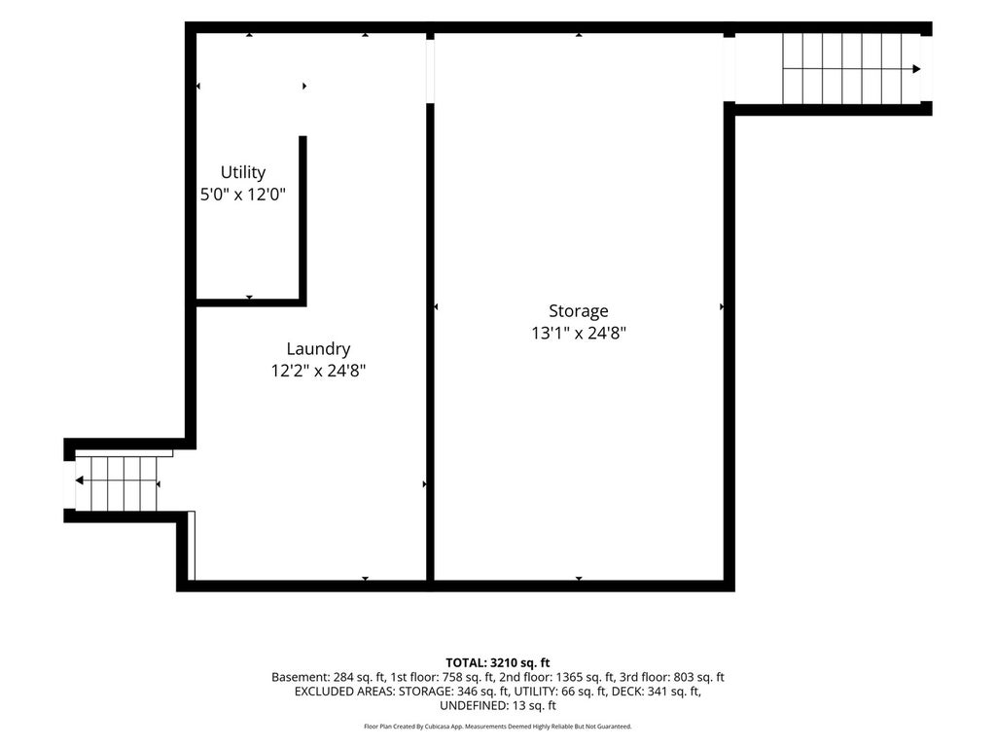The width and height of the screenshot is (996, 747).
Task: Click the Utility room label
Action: tap(242, 172)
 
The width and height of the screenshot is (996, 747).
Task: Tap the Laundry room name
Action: tap(318, 349)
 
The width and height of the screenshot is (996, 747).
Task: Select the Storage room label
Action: tap(578, 310)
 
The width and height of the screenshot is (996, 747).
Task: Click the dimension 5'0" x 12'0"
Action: tap(242, 194)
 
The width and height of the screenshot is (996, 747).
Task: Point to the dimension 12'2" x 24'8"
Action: tap(318, 371)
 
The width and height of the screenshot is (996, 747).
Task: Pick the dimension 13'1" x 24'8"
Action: tap(579, 333)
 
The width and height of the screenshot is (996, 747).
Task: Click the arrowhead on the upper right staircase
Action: tap(916, 69)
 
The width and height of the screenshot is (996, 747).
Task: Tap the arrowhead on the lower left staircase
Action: tap(80, 480)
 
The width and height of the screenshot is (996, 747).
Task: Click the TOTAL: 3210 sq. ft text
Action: tap(497, 663)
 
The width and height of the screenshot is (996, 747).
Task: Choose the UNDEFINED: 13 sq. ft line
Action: tap(497, 705)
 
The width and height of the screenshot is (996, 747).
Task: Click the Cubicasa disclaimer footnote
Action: tap(497, 726)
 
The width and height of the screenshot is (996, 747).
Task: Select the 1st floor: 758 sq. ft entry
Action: tap(443, 677)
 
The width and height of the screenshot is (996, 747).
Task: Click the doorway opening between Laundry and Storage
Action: tap(430, 71)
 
